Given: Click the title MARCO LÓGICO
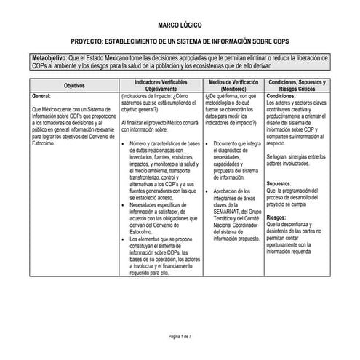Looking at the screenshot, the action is (x=180, y=25).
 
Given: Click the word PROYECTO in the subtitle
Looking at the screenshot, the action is (x=94, y=42).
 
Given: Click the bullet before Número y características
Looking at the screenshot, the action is (x=123, y=143).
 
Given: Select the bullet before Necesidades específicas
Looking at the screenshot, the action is (x=123, y=205).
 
